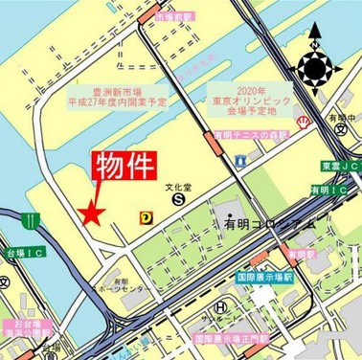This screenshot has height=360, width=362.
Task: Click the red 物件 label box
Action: point(123,165)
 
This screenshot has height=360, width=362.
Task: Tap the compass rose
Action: point(314,68)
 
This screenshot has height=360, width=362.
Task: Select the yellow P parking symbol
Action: point(146,216)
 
